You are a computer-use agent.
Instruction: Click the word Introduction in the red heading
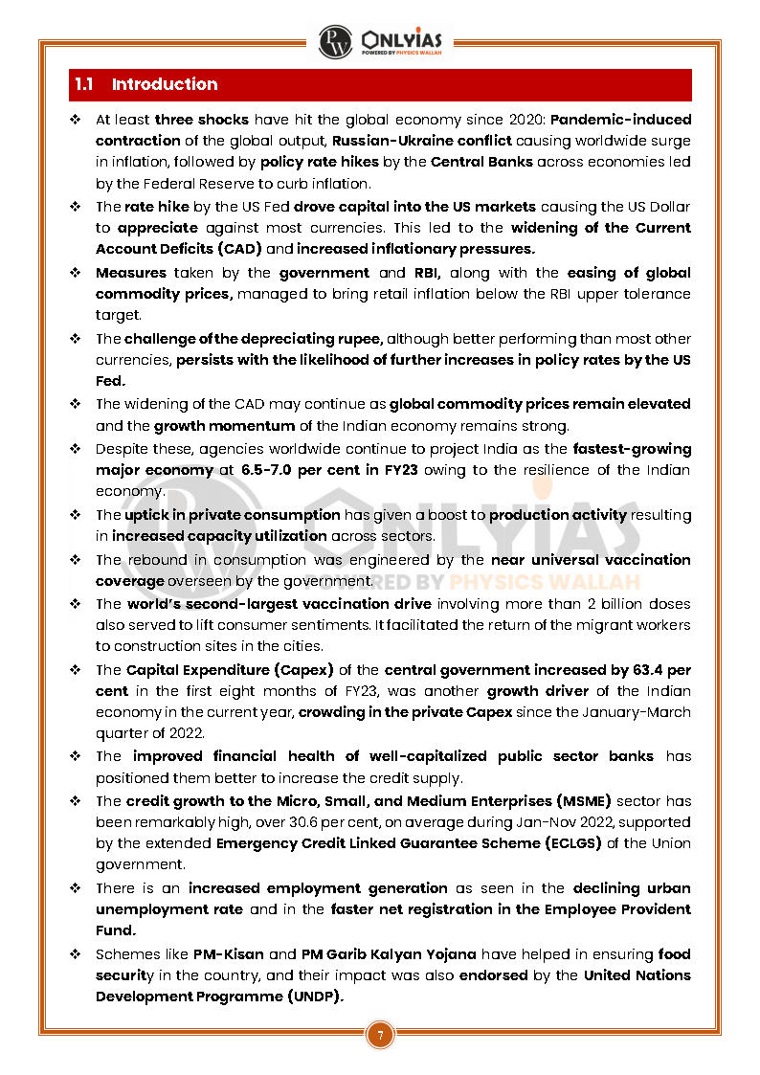165,84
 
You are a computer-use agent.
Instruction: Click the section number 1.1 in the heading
83,84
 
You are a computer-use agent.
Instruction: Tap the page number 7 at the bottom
380,1035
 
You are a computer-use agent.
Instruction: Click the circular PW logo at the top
336,41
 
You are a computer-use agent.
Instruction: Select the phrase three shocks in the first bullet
202,120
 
